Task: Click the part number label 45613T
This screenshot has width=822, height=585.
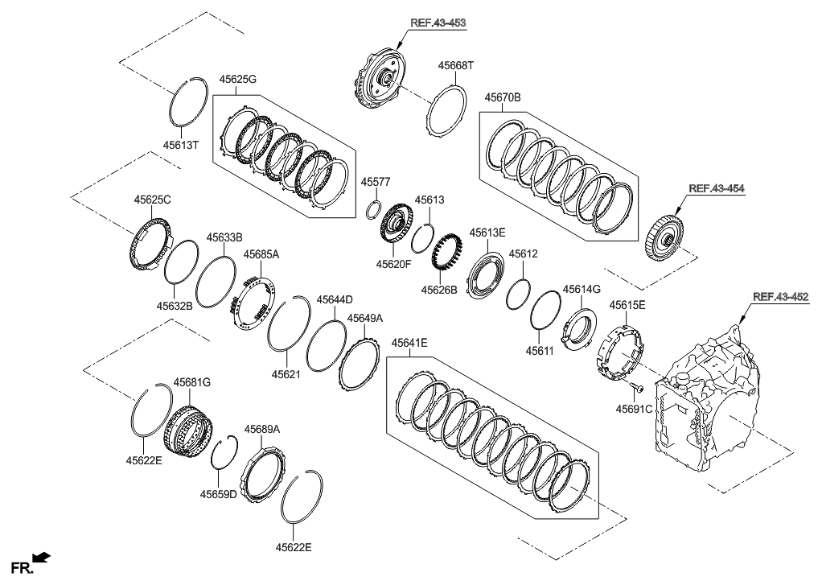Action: (x=180, y=146)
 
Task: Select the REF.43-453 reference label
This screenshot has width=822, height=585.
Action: (x=438, y=23)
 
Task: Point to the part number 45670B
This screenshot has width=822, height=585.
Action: (x=503, y=97)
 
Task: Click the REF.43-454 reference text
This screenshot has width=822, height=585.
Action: (x=715, y=188)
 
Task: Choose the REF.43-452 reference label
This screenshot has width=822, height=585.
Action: (x=779, y=297)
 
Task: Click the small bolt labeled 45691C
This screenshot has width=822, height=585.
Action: (x=635, y=389)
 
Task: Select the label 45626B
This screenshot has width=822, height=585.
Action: (x=441, y=288)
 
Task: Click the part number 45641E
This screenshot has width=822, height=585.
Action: (x=409, y=343)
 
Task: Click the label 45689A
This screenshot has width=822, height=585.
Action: (x=262, y=430)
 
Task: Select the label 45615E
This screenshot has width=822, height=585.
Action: (x=627, y=305)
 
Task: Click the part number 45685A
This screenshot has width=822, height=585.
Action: (x=261, y=254)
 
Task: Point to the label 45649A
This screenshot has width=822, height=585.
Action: (x=365, y=319)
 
